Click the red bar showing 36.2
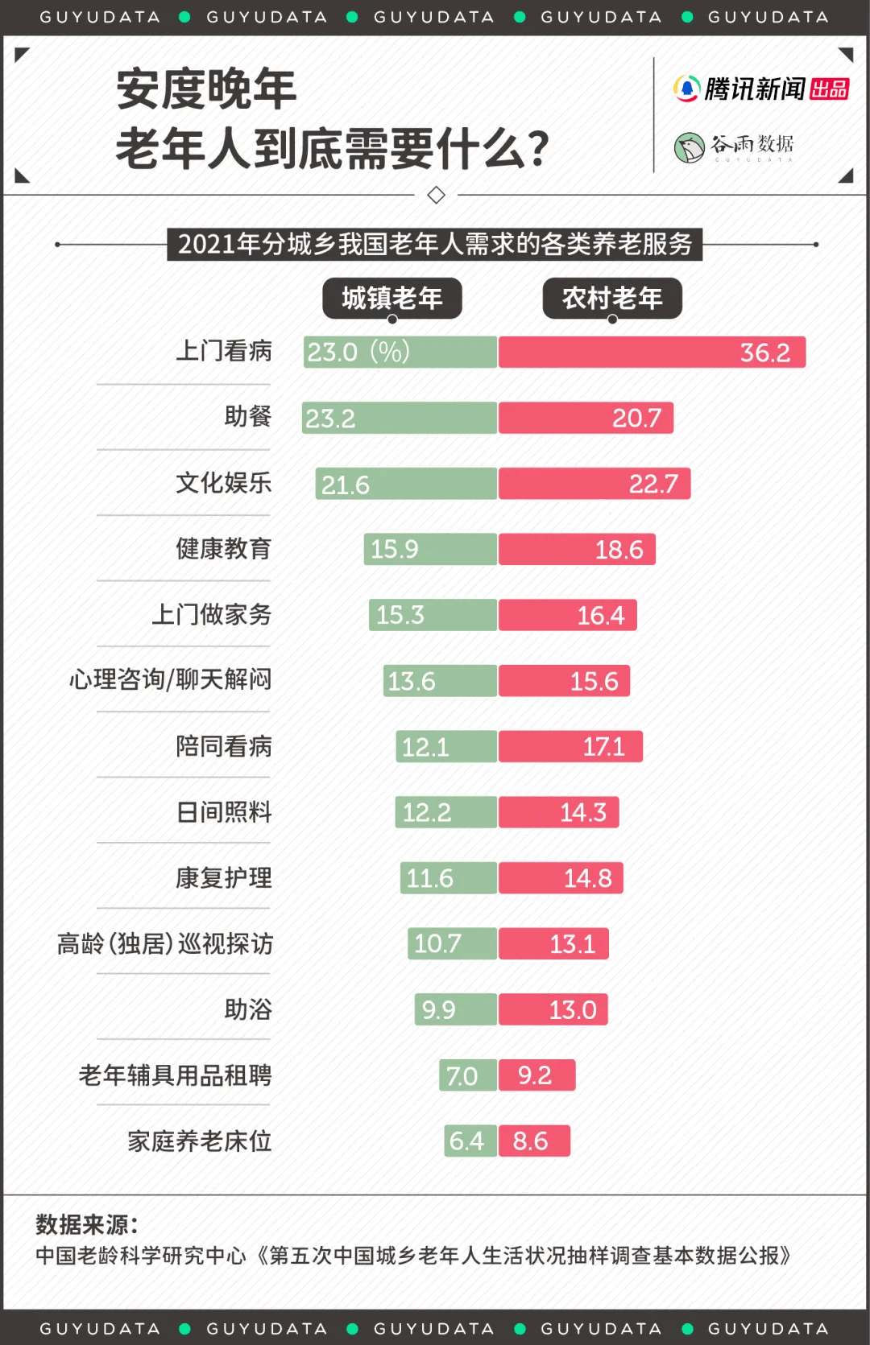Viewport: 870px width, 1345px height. [652, 353]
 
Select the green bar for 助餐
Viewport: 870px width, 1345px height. [400, 419]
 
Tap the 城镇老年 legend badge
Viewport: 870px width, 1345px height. [392, 299]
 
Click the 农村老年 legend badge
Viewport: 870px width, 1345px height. [612, 299]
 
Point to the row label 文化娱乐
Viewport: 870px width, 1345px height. [224, 484]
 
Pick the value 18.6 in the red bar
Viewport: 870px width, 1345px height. [619, 550]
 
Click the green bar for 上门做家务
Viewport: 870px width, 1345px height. [433, 615]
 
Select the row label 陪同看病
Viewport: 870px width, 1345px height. [224, 747]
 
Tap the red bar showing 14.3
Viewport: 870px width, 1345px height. [558, 812]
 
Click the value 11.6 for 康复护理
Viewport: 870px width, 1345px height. [429, 878]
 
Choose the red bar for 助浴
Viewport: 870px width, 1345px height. [553, 1009]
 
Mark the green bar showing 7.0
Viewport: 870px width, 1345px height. [468, 1075]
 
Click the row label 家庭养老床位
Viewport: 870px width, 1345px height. [200, 1141]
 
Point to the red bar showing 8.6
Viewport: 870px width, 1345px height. [534, 1141]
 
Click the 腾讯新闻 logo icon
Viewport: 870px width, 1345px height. [686, 89]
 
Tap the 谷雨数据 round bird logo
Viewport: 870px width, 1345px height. [690, 148]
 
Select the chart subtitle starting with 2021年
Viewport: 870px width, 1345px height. [435, 244]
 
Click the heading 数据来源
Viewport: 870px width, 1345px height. [87, 1225]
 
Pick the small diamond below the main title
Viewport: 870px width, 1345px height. [436, 195]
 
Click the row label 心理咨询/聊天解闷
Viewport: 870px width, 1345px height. [171, 680]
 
